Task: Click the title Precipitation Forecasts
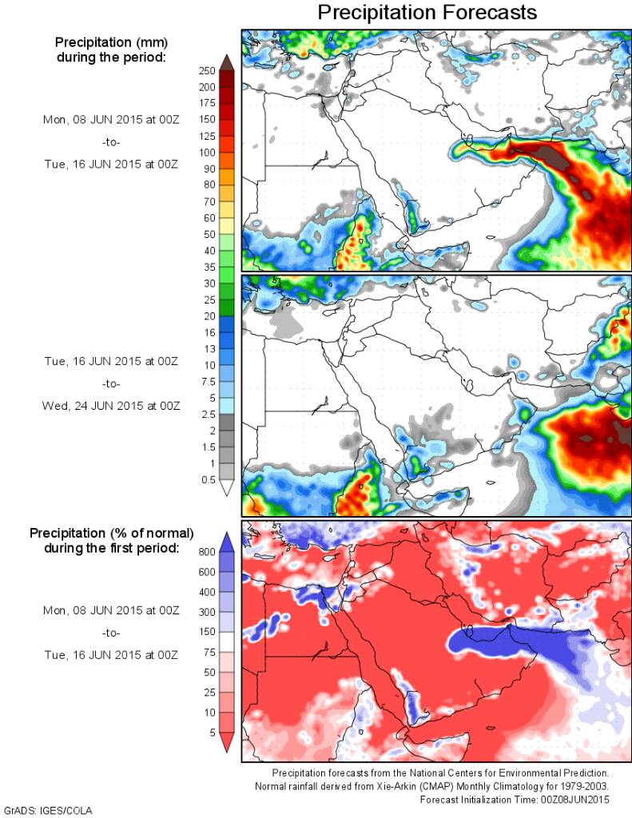427,14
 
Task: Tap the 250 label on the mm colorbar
206,70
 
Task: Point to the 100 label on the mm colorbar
206,152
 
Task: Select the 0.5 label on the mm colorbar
209,479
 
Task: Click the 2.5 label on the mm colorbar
209,414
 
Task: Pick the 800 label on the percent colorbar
207,551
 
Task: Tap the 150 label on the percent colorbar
207,632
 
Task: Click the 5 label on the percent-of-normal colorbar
211,733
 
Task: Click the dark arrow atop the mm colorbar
226,61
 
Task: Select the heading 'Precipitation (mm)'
110,42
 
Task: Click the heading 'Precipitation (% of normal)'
112,533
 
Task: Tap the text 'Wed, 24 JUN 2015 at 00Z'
110,406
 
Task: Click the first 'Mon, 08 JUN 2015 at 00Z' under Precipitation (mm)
110,120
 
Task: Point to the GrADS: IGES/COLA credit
48,810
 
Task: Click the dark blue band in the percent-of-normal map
511,640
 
